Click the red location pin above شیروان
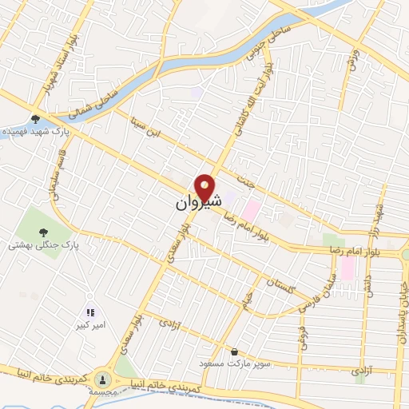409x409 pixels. pyautogui.click(x=207, y=187)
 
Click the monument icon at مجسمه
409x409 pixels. pyautogui.click(x=102, y=379)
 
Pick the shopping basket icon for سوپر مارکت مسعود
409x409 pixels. pyautogui.click(x=234, y=351)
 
